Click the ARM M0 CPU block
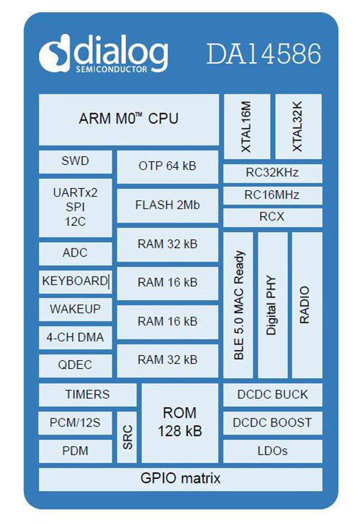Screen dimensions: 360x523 (129, 120)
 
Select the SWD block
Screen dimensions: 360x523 (76, 162)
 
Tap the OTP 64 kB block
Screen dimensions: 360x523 (168, 167)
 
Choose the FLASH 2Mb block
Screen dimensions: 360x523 (168, 205)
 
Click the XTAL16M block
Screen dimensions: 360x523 (247, 126)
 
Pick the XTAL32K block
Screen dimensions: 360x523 (299, 126)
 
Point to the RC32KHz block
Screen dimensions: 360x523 (273, 173)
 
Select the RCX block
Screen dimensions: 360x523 (273, 218)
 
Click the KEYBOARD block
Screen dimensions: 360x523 (76, 282)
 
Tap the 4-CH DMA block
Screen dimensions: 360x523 (76, 338)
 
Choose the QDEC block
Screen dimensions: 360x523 (76, 365)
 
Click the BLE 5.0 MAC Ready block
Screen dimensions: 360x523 (238, 305)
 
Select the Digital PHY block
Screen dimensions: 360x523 (273, 305)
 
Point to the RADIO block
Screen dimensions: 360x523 (307, 305)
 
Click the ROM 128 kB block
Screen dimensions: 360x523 (180, 423)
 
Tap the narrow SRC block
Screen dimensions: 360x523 (127, 437)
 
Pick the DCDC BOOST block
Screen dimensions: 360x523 (273, 423)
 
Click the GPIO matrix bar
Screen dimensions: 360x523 (181, 479)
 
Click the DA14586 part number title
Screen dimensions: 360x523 (264, 53)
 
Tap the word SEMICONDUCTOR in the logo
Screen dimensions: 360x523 (112, 69)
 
